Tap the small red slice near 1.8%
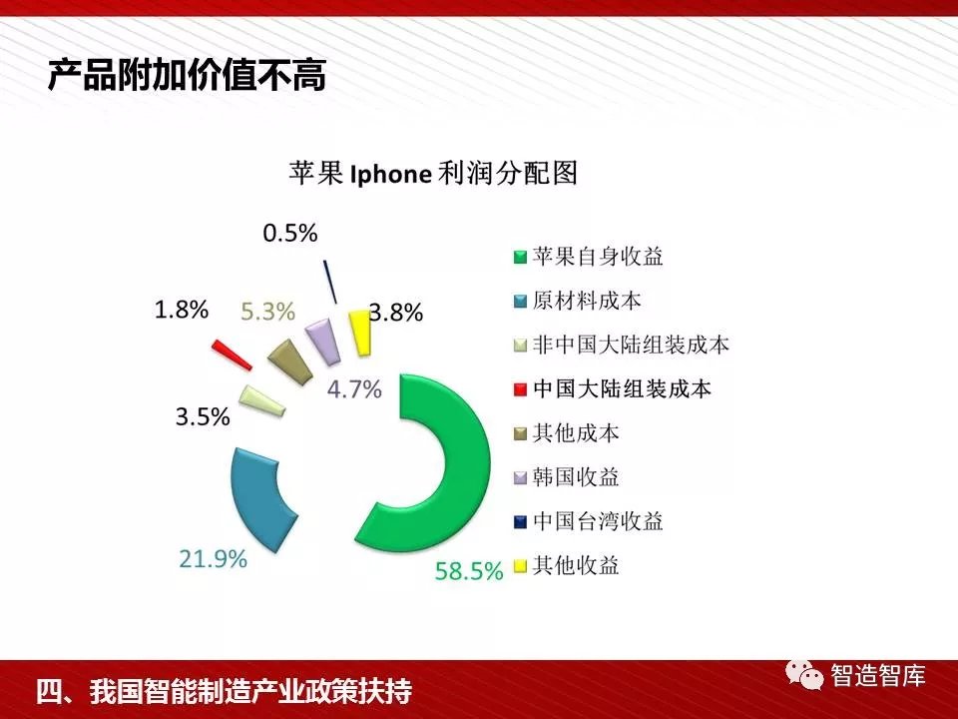(233, 356)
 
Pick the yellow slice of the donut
(360, 332)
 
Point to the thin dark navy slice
(330, 282)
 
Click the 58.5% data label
(469, 571)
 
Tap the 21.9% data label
(214, 558)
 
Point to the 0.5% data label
(290, 233)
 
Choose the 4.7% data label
(354, 388)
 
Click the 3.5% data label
(203, 417)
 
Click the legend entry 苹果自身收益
(589, 257)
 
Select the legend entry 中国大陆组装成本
(613, 388)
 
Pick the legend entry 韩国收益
(567, 477)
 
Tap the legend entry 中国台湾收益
(589, 521)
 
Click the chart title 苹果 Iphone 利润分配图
(433, 174)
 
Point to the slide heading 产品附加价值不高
(187, 75)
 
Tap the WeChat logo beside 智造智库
(804, 675)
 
